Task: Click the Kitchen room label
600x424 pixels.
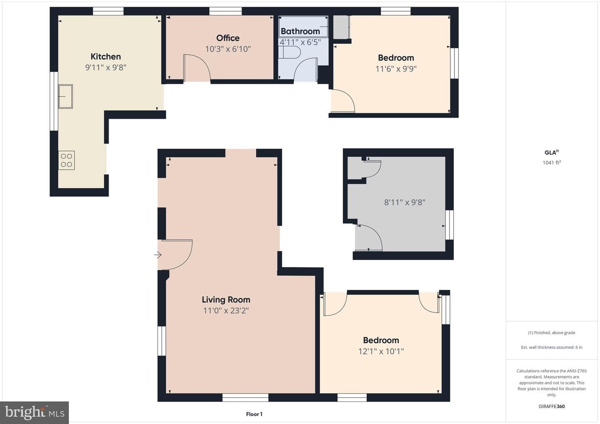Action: (x=105, y=57)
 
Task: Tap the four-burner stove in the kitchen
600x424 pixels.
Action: (x=66, y=160)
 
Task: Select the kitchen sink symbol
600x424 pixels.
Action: (x=65, y=96)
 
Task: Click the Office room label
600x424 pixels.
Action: (x=227, y=38)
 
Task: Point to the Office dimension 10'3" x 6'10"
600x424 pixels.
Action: (x=228, y=49)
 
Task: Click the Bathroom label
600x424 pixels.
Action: (x=300, y=31)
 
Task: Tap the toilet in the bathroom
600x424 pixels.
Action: (x=290, y=52)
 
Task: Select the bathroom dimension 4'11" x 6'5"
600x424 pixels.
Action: (x=300, y=42)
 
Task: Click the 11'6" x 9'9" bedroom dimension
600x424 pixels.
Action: (x=396, y=69)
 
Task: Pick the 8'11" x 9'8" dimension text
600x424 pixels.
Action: (x=405, y=202)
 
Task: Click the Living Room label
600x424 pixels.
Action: (x=226, y=299)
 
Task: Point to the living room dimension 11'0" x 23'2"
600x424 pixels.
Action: (x=226, y=311)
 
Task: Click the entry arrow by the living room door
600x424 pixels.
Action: (x=158, y=255)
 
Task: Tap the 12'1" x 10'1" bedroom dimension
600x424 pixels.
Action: (x=381, y=351)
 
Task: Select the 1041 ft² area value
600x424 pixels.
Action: (x=552, y=162)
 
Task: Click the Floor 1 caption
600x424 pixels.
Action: (x=254, y=414)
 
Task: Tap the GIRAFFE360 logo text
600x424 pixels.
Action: (x=552, y=407)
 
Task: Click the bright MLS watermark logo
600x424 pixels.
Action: (x=35, y=412)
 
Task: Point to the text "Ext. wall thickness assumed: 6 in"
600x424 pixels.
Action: (x=552, y=347)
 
